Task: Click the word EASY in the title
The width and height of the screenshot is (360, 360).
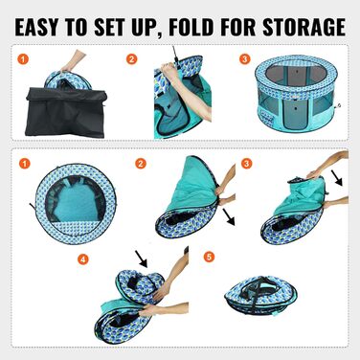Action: click(x=37, y=27)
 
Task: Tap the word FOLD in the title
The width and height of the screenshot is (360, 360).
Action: click(x=191, y=27)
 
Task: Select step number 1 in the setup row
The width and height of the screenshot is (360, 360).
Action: click(x=23, y=59)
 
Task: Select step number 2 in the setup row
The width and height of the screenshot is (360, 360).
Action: click(x=132, y=59)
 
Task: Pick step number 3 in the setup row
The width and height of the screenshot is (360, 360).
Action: click(x=245, y=59)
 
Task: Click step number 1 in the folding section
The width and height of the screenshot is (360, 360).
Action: click(x=25, y=164)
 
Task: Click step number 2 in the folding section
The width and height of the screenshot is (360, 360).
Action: click(x=141, y=164)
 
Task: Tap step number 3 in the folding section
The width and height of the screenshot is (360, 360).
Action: click(x=246, y=164)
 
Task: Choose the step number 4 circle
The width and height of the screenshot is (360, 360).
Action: click(x=83, y=259)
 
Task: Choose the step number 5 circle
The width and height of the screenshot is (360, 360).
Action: click(x=209, y=257)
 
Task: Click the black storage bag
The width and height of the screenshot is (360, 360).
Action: click(x=66, y=112)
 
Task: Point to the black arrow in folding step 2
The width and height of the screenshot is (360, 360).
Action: click(x=229, y=216)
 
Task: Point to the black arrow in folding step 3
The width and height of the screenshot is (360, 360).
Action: click(x=336, y=178)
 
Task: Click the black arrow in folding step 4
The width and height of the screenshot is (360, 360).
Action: click(x=141, y=259)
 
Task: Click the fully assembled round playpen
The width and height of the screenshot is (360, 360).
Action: click(x=297, y=94)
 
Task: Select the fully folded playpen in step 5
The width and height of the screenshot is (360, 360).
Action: click(x=260, y=296)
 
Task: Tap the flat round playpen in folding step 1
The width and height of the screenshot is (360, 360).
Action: click(x=76, y=204)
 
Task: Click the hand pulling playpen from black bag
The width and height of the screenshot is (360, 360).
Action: click(x=73, y=60)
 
